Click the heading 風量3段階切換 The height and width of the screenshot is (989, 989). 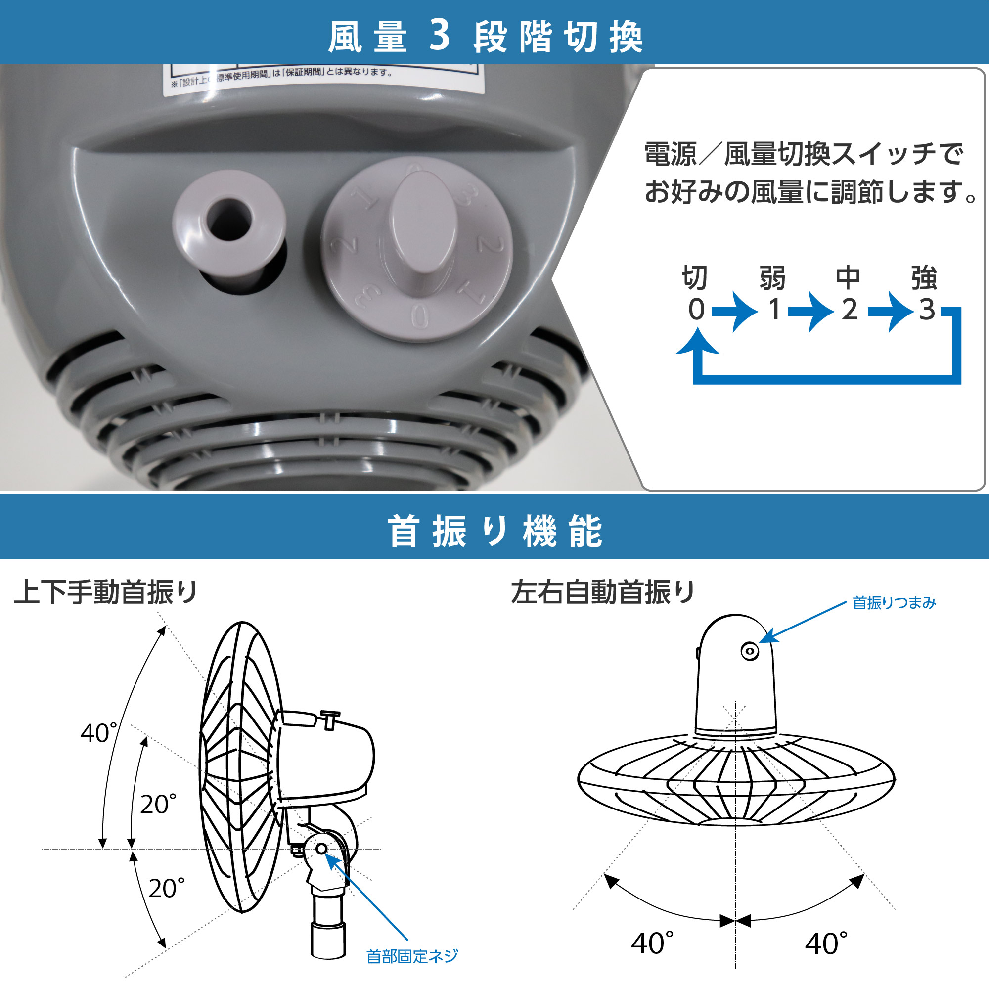pyautogui.click(x=485, y=37)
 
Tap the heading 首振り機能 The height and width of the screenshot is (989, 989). pyautogui.click(x=494, y=532)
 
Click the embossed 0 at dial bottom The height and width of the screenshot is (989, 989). pyautogui.click(x=420, y=316)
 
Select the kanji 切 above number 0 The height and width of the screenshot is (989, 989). pyautogui.click(x=695, y=278)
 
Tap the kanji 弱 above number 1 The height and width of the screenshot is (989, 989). pyautogui.click(x=772, y=278)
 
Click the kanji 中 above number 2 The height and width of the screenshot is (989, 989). pyautogui.click(x=848, y=278)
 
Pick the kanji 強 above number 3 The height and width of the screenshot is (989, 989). pyautogui.click(x=924, y=278)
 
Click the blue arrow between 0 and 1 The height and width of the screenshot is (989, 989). pyautogui.click(x=735, y=311)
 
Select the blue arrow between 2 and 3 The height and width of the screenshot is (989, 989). pyautogui.click(x=891, y=311)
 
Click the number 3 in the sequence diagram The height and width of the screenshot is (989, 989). pyautogui.click(x=927, y=309)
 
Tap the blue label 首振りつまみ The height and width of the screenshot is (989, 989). pyautogui.click(x=894, y=603)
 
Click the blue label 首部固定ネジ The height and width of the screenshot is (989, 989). pyautogui.click(x=412, y=956)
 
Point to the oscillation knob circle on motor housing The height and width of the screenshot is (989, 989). pyautogui.click(x=750, y=652)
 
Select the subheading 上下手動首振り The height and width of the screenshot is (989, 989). pyautogui.click(x=106, y=592)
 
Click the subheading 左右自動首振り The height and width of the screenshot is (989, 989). pyautogui.click(x=603, y=592)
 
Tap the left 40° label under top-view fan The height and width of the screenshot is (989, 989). pyautogui.click(x=652, y=944)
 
